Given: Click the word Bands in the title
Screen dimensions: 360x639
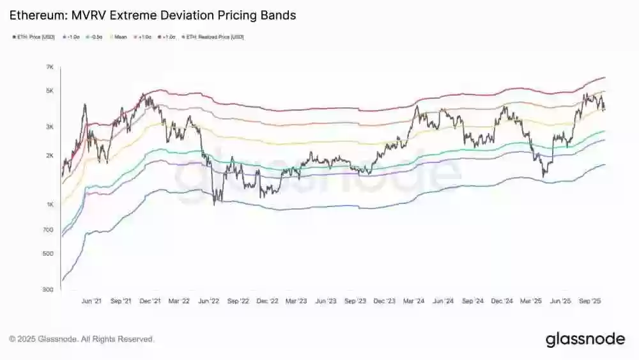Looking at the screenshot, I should pos(277,15).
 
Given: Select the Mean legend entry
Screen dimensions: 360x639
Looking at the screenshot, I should pos(121,37).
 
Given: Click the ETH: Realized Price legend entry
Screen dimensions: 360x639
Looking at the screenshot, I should pos(215,37).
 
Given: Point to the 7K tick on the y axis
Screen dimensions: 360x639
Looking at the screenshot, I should pos(50,67).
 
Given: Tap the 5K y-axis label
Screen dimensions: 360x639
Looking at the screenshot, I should pos(50,91).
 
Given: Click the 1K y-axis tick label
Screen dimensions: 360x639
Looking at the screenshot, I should pos(50,205).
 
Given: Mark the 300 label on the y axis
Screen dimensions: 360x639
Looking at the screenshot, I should pos(49,290).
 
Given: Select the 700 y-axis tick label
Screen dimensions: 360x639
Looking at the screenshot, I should pos(49,230).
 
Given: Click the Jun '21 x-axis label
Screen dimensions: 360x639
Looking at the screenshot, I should pos(91,301).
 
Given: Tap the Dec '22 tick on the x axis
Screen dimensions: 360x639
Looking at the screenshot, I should pos(267,301).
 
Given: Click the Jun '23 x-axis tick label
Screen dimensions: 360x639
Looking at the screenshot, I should pos(326,301).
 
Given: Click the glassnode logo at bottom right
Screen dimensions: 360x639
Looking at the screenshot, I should pos(585,340).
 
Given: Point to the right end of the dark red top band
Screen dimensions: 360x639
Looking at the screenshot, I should pos(604,77).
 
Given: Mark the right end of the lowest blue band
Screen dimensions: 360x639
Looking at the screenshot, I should pos(604,164).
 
